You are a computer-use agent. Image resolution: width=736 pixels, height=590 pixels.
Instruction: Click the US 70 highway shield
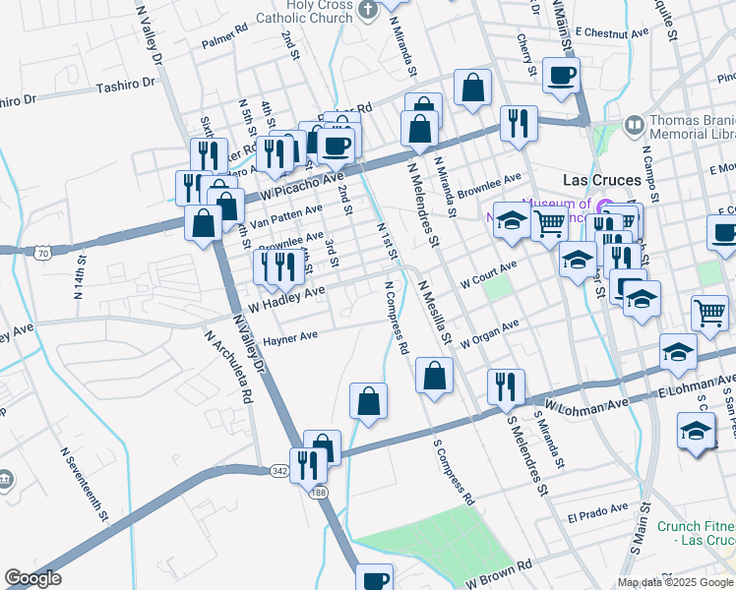click(x=41, y=254)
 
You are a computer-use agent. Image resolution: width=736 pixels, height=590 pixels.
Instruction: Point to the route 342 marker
click(x=278, y=471)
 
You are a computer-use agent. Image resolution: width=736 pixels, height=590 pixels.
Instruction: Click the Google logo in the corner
click(x=33, y=578)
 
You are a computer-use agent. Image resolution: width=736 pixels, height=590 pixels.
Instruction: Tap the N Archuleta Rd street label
click(x=229, y=365)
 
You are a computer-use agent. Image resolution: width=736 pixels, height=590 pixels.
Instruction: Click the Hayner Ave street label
click(x=290, y=337)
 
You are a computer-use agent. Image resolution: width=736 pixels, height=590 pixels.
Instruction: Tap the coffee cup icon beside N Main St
click(x=561, y=75)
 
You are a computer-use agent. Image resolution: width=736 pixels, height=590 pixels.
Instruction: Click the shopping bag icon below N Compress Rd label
click(x=434, y=375)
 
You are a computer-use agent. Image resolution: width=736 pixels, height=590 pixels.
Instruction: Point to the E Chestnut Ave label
click(x=614, y=32)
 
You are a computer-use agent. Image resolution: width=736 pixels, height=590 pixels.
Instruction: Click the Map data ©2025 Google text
click(x=674, y=582)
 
